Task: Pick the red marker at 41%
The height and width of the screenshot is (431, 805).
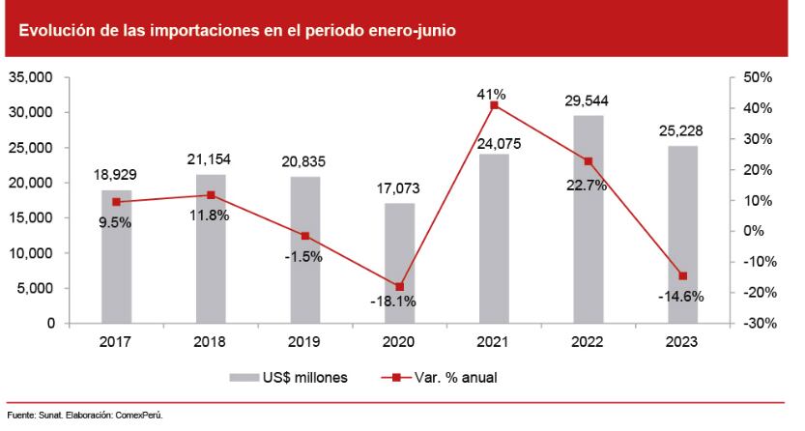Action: point(495,105)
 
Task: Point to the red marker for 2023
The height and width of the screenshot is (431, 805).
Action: point(683,276)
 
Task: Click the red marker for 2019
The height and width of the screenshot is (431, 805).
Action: point(305,236)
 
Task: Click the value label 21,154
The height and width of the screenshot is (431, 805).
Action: point(211,159)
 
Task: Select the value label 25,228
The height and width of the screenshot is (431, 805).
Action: point(683,130)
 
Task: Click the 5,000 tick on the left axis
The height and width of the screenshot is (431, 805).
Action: point(38,288)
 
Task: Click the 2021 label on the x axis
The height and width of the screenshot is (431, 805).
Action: point(495,341)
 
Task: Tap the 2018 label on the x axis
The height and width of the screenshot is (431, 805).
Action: point(211,341)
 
